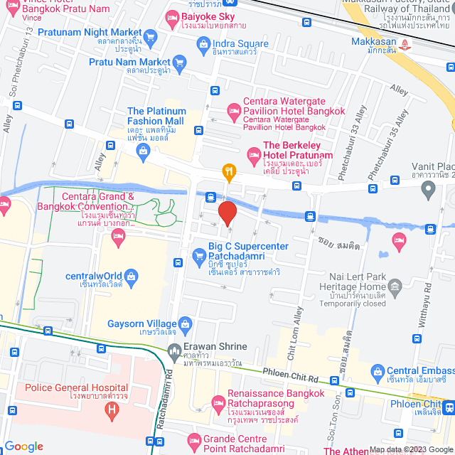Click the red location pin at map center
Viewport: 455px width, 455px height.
click(x=227, y=213)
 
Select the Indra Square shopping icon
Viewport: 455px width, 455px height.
click(x=201, y=44)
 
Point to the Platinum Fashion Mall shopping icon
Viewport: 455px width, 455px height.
click(x=144, y=149)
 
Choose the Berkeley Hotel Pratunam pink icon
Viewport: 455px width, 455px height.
click(x=252, y=154)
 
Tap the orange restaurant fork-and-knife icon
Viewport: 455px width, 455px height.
click(x=228, y=171)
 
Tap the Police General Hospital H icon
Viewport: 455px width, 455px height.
click(x=110, y=409)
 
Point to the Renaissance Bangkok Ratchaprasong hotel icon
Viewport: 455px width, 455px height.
click(x=218, y=402)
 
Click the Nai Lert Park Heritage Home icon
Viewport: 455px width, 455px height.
click(x=395, y=287)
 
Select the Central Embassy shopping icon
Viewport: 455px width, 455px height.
click(x=376, y=370)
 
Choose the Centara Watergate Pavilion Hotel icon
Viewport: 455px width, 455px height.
click(x=233, y=110)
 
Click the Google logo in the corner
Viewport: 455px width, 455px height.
click(x=23, y=446)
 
